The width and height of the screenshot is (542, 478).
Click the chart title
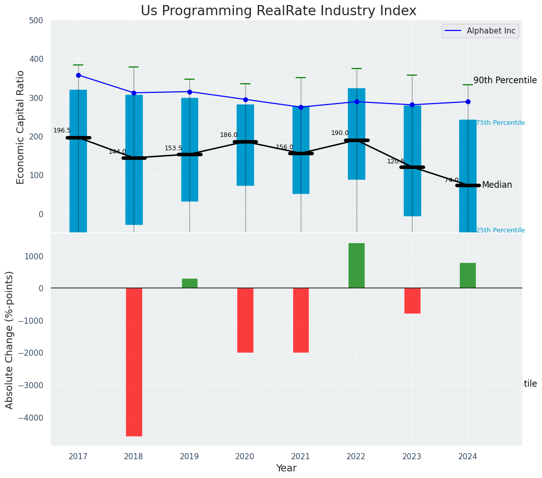click(278, 11)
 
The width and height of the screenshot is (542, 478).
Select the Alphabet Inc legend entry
click(481, 31)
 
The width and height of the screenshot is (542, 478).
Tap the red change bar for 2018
click(134, 362)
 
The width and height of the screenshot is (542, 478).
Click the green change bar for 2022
click(357, 265)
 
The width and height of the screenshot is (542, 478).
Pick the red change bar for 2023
click(412, 300)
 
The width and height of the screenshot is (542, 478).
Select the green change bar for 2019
click(189, 283)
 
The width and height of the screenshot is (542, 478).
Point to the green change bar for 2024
click(468, 275)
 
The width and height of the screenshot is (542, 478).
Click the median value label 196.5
click(62, 130)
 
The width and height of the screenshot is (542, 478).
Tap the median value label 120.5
click(396, 161)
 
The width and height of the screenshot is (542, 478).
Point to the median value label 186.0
click(229, 135)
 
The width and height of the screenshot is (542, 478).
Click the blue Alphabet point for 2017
click(78, 75)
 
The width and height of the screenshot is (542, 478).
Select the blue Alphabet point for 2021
click(301, 107)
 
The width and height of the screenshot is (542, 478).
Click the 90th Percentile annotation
click(505, 80)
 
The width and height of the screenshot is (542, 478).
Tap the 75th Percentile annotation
click(500, 123)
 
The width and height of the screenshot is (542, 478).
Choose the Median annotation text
click(497, 185)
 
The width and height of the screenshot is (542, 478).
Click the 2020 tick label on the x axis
click(245, 456)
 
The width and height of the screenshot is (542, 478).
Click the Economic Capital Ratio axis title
click(21, 127)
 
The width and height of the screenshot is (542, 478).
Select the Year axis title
click(286, 468)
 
